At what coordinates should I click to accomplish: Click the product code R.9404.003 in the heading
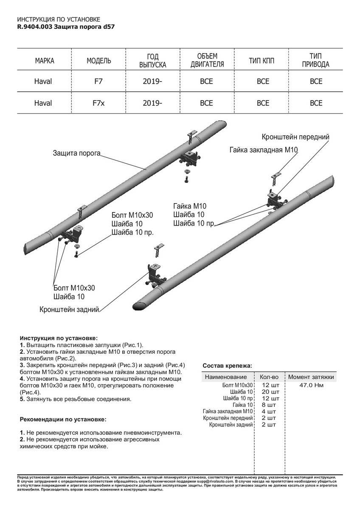[x=35, y=26]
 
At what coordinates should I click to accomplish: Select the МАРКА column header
[x=44, y=61]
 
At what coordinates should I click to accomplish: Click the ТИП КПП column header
[x=262, y=61]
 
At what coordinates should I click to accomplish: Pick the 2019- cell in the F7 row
[x=152, y=81]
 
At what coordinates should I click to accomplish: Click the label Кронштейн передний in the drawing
[x=295, y=137]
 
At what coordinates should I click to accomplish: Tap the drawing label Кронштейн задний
[x=69, y=310]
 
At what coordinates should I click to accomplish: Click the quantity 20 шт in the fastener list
[x=269, y=392]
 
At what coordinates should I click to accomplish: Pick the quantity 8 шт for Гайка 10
[x=269, y=405]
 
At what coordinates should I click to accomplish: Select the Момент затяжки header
[x=311, y=377]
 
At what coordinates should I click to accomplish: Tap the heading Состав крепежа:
[x=227, y=365]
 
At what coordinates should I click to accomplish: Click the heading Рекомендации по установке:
[x=63, y=419]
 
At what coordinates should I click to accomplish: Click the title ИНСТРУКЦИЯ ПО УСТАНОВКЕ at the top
[x=59, y=20]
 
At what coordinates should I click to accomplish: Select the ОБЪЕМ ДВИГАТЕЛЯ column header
[x=207, y=61]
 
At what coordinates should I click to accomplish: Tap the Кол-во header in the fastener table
[x=269, y=377]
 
